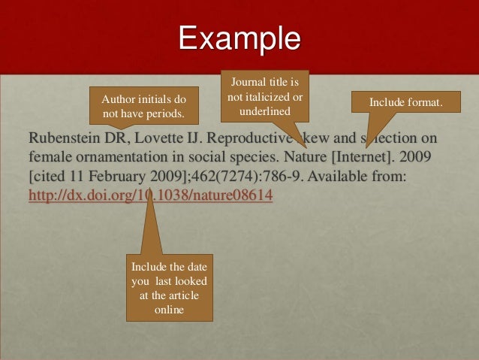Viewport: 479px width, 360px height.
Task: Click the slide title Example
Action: point(239,38)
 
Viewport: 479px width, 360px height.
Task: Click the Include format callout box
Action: point(405,101)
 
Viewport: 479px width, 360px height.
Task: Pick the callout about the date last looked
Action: point(169,289)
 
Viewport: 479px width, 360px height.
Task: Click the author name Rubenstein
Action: point(61,140)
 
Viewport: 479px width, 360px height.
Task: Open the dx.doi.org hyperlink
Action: point(150,196)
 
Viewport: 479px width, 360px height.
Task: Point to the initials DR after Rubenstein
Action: point(112,140)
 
